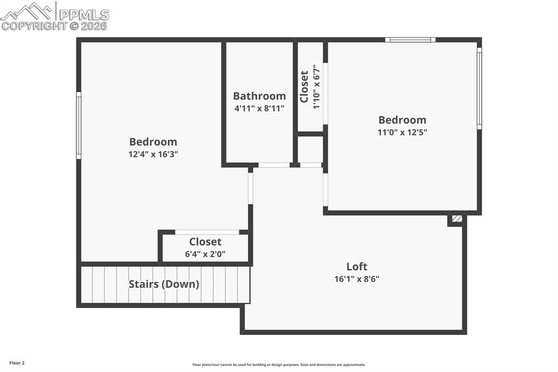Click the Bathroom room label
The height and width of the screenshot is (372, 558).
(259, 96)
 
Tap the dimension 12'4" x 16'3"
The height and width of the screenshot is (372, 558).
(153, 154)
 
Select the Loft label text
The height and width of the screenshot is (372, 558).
(357, 267)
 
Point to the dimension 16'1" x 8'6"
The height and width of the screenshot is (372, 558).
(357, 279)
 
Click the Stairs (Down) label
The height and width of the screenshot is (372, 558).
(163, 284)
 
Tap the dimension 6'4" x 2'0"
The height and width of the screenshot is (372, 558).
(205, 254)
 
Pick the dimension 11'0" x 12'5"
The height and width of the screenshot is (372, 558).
(402, 132)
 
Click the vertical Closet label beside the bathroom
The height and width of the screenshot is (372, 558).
(304, 86)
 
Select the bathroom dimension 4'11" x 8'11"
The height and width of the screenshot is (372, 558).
(259, 109)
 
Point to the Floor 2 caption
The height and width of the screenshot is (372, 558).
(17, 363)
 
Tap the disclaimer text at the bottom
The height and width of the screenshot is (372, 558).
(278, 365)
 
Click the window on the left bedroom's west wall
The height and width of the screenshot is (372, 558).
(78, 125)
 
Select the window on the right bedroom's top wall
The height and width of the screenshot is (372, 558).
(410, 40)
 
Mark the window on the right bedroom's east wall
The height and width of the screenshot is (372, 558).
(480, 88)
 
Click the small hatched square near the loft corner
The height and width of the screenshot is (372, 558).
(457, 219)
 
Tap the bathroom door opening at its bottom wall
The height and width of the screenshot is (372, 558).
(274, 165)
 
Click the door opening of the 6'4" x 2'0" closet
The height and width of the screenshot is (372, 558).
(207, 232)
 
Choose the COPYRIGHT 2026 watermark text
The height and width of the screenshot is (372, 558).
(54, 26)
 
